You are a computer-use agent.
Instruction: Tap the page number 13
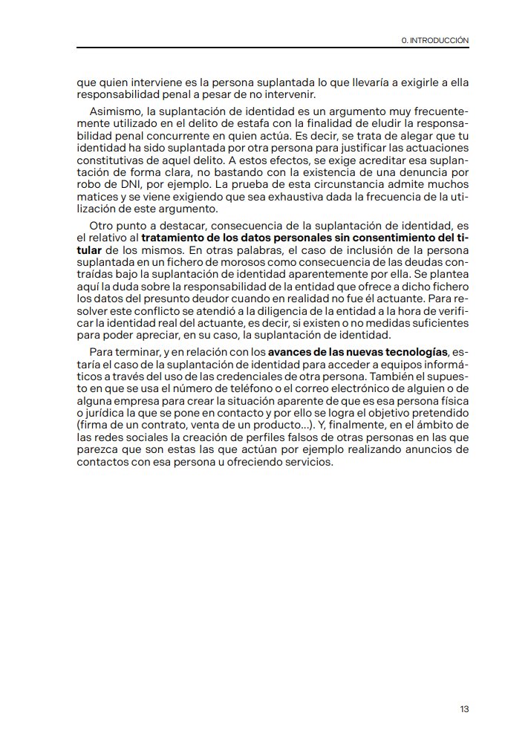click(464, 709)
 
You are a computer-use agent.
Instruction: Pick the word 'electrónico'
click(356, 388)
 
